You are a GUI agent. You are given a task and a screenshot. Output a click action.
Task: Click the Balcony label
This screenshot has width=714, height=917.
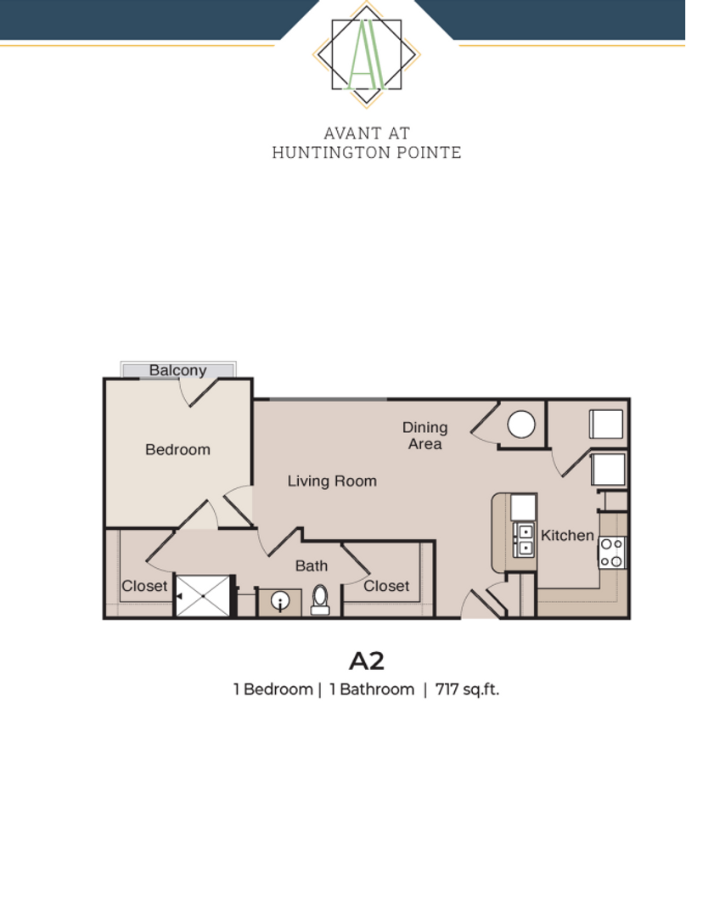[177, 370]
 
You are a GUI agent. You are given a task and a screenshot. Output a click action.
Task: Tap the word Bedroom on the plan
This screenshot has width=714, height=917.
[177, 449]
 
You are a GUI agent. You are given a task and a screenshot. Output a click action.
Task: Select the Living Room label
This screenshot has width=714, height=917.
[331, 481]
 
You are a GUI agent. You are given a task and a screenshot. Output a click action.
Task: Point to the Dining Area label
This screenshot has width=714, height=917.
[424, 435]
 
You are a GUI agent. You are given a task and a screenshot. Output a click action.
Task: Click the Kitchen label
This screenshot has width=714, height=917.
[567, 535]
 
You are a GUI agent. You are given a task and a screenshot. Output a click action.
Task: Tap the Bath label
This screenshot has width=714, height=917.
[311, 565]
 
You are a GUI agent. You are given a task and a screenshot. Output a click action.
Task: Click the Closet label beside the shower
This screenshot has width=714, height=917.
[144, 586]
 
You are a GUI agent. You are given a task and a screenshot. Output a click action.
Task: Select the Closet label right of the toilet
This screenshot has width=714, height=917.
[386, 586]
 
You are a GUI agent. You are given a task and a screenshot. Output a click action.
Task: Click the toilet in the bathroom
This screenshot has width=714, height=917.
[320, 599]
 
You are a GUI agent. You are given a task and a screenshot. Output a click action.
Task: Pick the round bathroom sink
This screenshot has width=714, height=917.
[280, 602]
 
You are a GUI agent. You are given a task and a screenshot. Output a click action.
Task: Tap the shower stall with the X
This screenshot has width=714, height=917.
[203, 596]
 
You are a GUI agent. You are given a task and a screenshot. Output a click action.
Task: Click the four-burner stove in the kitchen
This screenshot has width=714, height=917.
[611, 553]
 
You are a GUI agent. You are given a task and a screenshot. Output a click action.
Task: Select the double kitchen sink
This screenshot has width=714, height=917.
[524, 540]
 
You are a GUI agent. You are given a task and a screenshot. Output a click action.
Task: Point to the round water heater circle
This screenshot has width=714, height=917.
[520, 424]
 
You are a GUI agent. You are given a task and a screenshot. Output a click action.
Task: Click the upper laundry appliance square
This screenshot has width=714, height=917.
[605, 424]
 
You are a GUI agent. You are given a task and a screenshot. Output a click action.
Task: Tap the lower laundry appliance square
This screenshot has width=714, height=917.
[607, 469]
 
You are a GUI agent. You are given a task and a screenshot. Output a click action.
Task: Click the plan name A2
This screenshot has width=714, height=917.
[366, 660]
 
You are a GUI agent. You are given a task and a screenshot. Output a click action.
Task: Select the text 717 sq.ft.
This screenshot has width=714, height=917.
[467, 689]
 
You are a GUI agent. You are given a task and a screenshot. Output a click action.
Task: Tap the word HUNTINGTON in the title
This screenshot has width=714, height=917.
[329, 153]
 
